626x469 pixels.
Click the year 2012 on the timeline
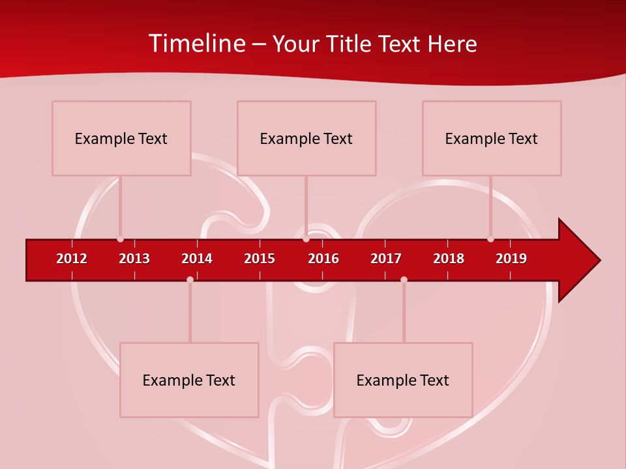point(72,259)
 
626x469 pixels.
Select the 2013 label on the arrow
point(134,259)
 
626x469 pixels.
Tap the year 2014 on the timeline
point(197,259)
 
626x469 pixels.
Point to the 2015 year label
point(260,259)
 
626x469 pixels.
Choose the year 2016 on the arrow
point(323,259)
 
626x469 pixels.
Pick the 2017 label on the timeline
point(386,259)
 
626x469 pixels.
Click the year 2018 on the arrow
point(449,259)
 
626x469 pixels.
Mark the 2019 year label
point(511,259)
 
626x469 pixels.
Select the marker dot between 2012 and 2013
point(120,239)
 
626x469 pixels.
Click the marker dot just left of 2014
point(190,279)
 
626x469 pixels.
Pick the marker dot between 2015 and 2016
point(306,239)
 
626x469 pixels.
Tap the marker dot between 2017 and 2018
point(404,279)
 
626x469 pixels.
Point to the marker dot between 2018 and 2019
point(490,239)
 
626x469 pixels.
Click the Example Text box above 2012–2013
point(121,138)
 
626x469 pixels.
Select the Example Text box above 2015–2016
point(306,138)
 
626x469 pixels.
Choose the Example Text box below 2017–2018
point(403,380)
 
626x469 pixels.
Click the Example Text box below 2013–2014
point(189,380)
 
